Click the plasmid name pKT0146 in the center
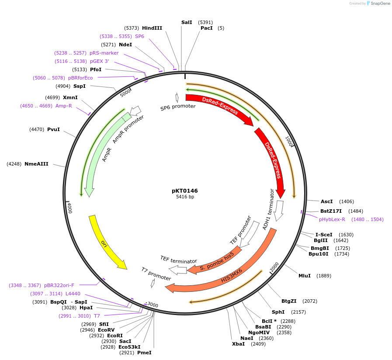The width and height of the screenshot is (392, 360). (x=184, y=191)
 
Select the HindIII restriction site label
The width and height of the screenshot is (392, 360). (x=152, y=28)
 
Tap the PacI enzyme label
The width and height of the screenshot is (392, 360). (x=207, y=28)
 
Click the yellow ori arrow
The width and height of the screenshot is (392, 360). (x=107, y=242)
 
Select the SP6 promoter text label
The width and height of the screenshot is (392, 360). (x=178, y=107)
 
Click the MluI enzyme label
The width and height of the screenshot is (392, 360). (x=305, y=276)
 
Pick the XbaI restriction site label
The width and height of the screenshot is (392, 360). (x=239, y=344)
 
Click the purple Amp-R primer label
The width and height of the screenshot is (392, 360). (x=64, y=106)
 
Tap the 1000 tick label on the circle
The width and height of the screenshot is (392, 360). (x=289, y=143)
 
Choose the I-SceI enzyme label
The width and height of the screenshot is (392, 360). (x=324, y=235)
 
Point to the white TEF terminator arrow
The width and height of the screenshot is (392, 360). (x=178, y=270)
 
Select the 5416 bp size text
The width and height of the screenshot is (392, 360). (x=185, y=197)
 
